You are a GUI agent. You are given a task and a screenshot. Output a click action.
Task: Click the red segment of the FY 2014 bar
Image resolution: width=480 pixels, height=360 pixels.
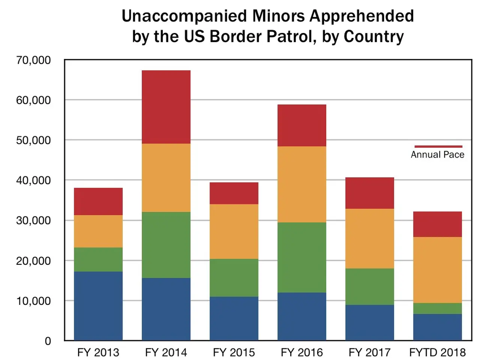click(x=166, y=107)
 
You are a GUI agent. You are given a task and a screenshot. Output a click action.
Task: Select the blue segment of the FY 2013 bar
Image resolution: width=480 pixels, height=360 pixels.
click(x=98, y=306)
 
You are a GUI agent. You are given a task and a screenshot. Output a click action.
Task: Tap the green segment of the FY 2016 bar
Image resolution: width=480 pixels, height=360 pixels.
click(x=302, y=257)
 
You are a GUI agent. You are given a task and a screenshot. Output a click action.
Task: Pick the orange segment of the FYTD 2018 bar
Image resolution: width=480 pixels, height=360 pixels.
click(x=438, y=270)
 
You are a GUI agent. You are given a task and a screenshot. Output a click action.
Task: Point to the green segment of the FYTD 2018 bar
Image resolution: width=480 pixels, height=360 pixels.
click(x=438, y=308)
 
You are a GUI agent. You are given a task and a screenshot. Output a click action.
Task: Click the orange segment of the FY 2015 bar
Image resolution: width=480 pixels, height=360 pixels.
click(x=234, y=231)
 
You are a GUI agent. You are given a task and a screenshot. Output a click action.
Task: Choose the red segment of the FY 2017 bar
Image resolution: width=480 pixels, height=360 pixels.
click(x=370, y=193)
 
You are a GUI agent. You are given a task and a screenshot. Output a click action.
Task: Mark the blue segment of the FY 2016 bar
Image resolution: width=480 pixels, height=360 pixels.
click(x=302, y=316)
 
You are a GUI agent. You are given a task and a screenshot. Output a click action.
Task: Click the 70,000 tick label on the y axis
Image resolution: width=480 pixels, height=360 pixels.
click(x=33, y=60)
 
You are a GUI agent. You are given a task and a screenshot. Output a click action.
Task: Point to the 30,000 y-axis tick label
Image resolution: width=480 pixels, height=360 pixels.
click(x=33, y=220)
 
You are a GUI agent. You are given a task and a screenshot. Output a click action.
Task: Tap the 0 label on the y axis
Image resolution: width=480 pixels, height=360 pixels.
click(x=48, y=341)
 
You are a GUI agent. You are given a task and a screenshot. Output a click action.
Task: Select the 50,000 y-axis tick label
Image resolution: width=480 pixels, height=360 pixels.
click(x=33, y=140)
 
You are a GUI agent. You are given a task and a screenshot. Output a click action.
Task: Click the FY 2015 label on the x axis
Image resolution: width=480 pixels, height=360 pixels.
click(x=234, y=352)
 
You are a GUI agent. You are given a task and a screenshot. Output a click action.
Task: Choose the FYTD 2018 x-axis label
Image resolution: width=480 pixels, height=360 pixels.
click(x=438, y=352)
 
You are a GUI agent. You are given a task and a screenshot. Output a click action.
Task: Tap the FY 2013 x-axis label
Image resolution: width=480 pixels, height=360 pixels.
click(x=98, y=352)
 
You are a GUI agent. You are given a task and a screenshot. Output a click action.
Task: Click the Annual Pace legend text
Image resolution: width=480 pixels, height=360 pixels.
click(x=438, y=154)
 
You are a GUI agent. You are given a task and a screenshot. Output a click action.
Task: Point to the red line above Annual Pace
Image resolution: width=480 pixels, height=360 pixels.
click(x=438, y=146)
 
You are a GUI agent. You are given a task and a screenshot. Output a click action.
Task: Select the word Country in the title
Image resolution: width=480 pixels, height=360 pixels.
click(x=373, y=36)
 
